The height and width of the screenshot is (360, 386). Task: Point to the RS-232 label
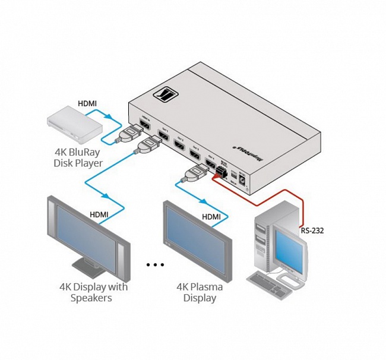312,231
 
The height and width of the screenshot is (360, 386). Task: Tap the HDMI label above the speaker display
99,214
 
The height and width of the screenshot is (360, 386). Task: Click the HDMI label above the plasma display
211,217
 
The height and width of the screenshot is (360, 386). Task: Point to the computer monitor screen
289,246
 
